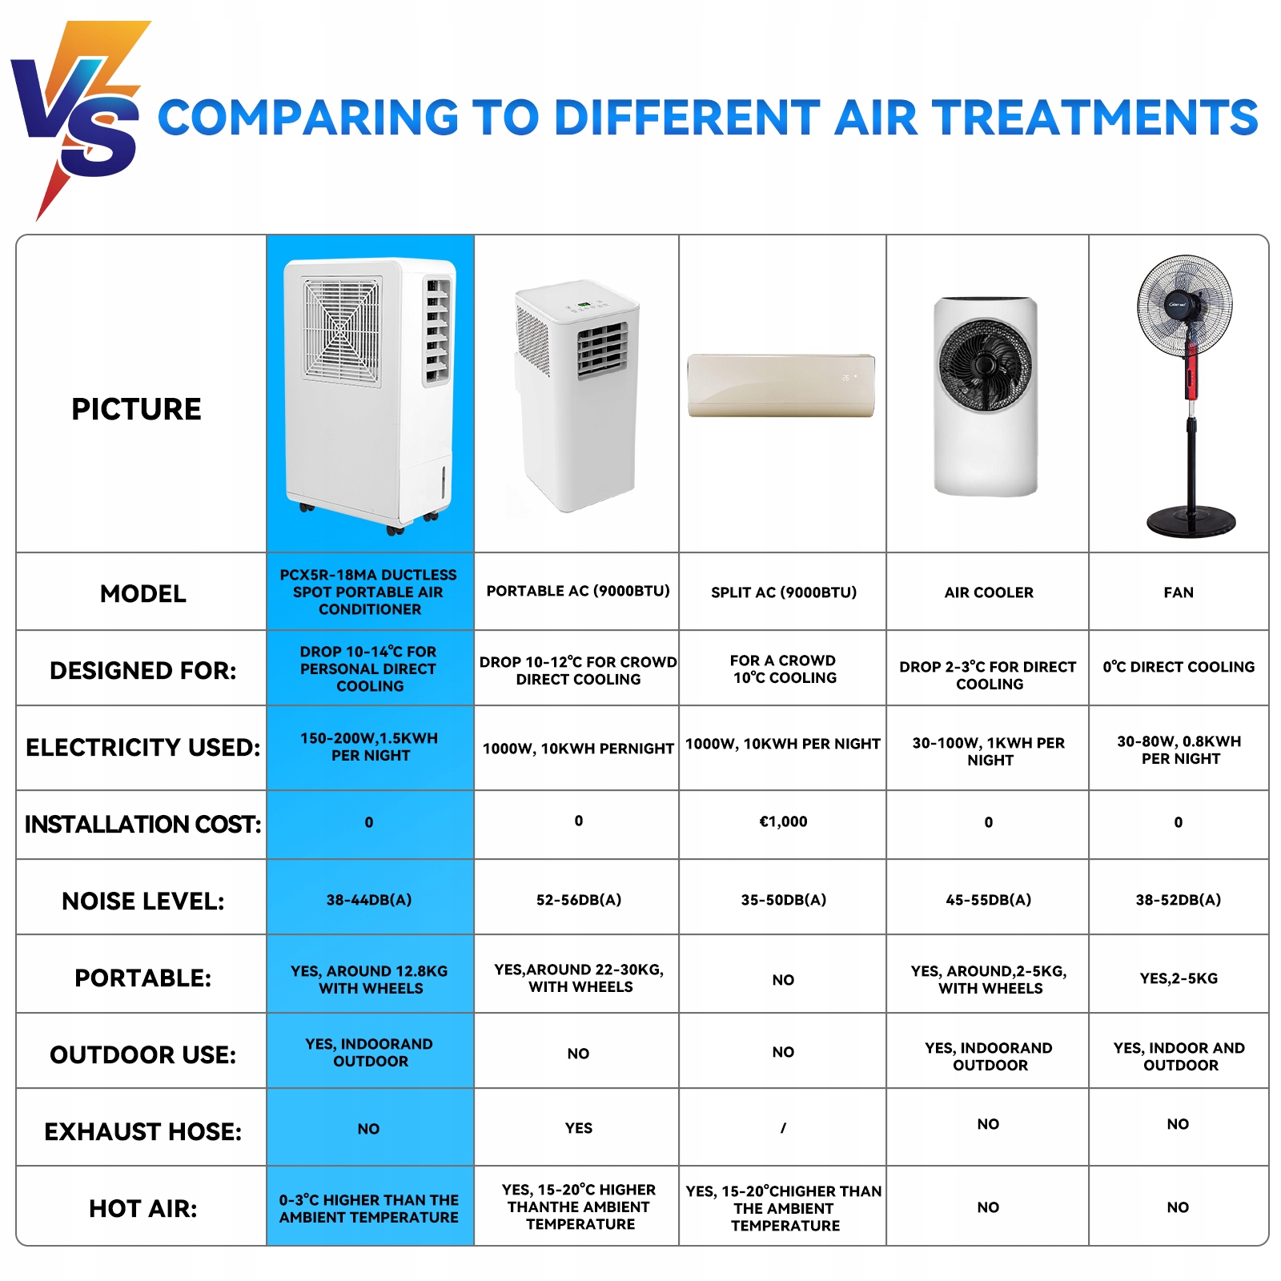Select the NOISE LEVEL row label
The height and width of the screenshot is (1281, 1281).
(x=143, y=902)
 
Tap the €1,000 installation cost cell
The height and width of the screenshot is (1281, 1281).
(x=783, y=821)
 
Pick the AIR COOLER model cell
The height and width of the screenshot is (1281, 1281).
(x=989, y=592)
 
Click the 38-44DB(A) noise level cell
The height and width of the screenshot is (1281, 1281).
(x=369, y=900)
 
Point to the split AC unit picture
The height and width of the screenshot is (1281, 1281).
(x=781, y=385)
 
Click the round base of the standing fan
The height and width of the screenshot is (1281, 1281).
(x=1191, y=521)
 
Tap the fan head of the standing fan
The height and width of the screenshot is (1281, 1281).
(x=1185, y=304)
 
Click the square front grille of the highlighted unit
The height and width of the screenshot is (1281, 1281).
(x=342, y=331)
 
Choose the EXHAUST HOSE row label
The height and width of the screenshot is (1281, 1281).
(x=143, y=1131)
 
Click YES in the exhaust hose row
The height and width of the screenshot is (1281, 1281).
(x=579, y=1128)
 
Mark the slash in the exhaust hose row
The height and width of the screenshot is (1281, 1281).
(x=783, y=1128)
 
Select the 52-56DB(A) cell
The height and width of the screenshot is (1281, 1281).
(x=579, y=900)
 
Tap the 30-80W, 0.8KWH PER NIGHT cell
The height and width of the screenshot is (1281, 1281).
(x=1179, y=750)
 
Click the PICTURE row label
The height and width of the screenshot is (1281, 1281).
(x=136, y=409)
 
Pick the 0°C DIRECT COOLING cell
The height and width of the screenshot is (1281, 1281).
(x=1179, y=667)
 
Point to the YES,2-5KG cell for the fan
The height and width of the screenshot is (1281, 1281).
(x=1179, y=978)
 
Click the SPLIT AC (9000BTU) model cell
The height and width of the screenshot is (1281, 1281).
(x=784, y=592)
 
